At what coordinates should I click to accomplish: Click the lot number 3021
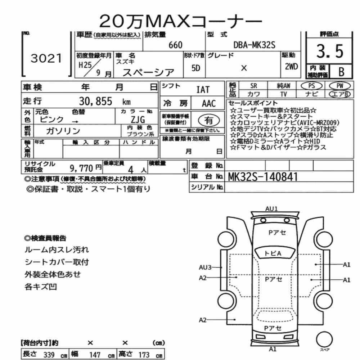[46, 58]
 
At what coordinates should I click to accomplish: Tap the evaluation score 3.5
[330, 51]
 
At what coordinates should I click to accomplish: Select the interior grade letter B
[341, 72]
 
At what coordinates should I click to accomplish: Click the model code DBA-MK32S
[254, 45]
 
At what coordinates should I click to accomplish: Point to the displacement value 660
[175, 45]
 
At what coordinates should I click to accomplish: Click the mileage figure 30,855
[96, 101]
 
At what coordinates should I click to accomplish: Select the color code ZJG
[138, 120]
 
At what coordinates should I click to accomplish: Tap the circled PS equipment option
[311, 86]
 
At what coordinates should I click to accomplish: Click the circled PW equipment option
[340, 86]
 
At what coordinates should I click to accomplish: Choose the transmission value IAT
[203, 90]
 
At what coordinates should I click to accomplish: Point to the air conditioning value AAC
[209, 104]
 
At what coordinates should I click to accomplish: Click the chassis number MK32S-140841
[263, 177]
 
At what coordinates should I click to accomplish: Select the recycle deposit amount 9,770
[81, 168]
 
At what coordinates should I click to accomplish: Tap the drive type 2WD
[291, 67]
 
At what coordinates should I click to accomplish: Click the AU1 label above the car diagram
[271, 209]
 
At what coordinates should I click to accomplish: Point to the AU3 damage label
[205, 267]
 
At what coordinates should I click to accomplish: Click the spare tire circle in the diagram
[324, 339]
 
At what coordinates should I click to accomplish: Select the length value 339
[49, 355]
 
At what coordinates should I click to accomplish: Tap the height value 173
[144, 355]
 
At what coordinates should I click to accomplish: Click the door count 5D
[196, 68]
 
